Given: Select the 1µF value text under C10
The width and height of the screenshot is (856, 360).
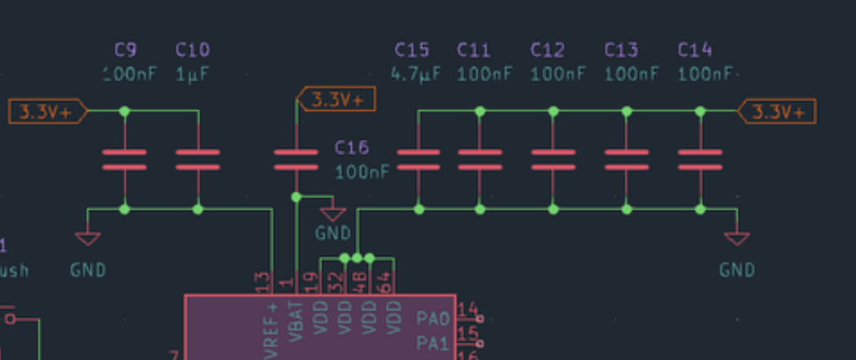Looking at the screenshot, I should (193, 74).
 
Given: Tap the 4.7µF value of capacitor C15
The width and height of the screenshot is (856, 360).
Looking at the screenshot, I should (415, 74).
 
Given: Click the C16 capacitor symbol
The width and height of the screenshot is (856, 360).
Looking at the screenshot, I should (296, 160).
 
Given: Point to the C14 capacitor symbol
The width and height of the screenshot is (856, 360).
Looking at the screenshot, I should (700, 160).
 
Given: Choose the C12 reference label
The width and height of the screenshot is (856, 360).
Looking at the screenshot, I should (548, 51).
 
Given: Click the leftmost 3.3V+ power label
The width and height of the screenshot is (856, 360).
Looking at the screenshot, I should (47, 112).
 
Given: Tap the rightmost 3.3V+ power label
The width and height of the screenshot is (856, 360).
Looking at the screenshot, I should (778, 112).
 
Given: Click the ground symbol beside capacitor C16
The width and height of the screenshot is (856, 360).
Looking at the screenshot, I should (332, 214).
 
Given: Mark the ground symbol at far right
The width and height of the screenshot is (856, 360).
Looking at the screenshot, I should (737, 238).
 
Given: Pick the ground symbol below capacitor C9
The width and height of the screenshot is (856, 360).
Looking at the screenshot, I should (87, 238).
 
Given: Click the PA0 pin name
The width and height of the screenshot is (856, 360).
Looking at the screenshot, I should (432, 318).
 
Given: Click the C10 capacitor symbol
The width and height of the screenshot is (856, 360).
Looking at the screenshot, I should (197, 160).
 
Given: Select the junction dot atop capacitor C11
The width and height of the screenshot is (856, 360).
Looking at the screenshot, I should (480, 111).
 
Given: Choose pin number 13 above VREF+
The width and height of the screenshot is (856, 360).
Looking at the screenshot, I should (263, 282).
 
